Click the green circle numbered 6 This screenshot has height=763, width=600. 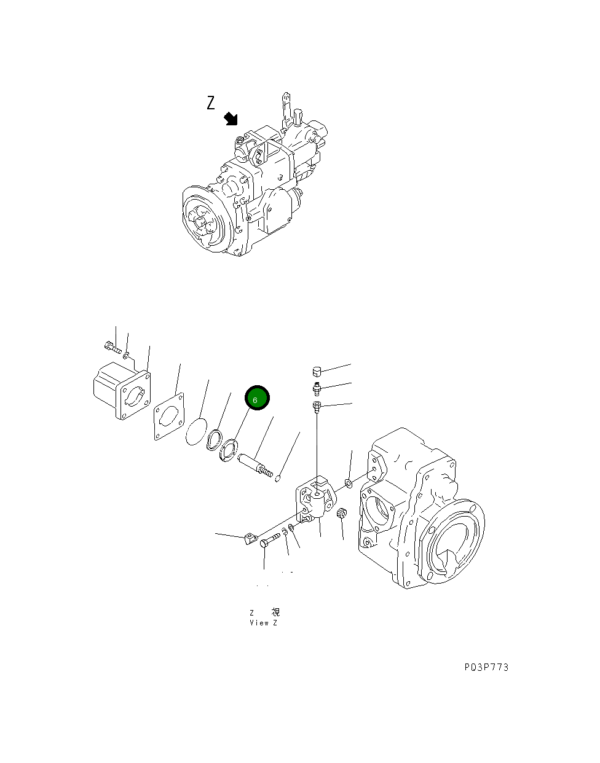(257, 399)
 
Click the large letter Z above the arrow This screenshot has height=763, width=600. (211, 103)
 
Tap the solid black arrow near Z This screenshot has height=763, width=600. (231, 119)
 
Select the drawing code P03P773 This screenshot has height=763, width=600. (486, 667)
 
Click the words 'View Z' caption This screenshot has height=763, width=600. (263, 623)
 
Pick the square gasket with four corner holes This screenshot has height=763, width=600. (169, 417)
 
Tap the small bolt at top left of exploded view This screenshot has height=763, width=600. (111, 346)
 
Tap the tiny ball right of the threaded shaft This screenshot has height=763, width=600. (278, 479)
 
